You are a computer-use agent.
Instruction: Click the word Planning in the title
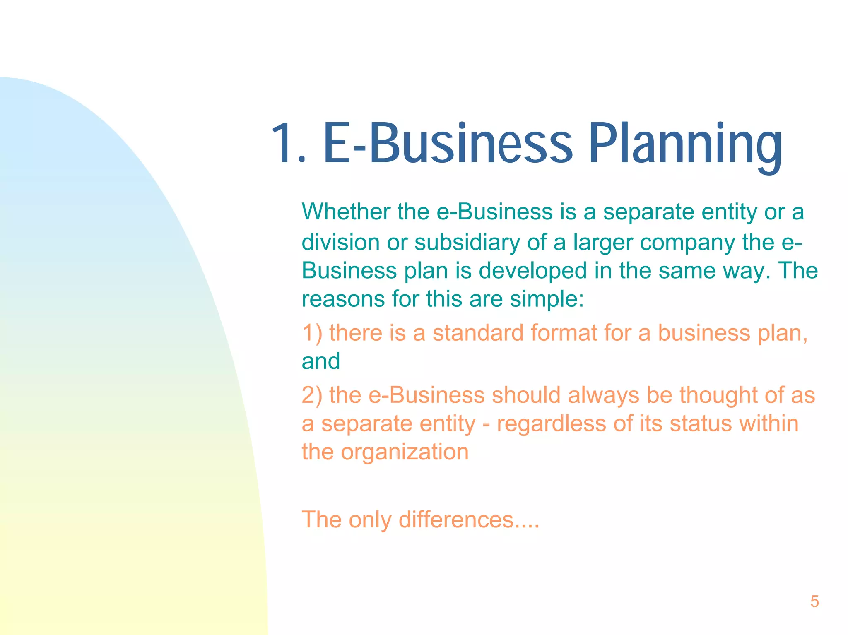(685, 145)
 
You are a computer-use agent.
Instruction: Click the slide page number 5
(814, 601)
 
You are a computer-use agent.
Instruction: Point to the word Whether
(345, 212)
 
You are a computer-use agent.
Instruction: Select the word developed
(532, 271)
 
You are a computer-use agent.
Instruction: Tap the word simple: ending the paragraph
(547, 299)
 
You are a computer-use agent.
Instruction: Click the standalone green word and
(320, 361)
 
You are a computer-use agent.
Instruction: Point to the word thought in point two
(718, 395)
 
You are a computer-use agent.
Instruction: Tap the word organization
(405, 452)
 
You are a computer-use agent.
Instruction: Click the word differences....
(455, 520)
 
